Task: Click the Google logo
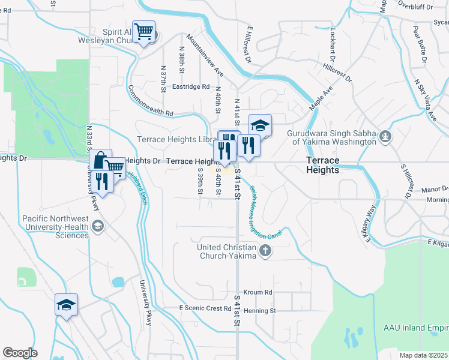point(20,353)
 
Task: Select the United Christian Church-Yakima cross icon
point(264,251)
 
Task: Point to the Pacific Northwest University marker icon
point(98,227)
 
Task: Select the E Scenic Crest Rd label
point(205,308)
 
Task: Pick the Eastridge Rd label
point(191,86)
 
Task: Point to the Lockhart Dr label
point(331,46)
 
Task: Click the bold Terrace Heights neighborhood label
point(322,165)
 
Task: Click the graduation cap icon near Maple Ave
point(260,125)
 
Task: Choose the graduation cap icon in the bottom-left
point(67,304)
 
